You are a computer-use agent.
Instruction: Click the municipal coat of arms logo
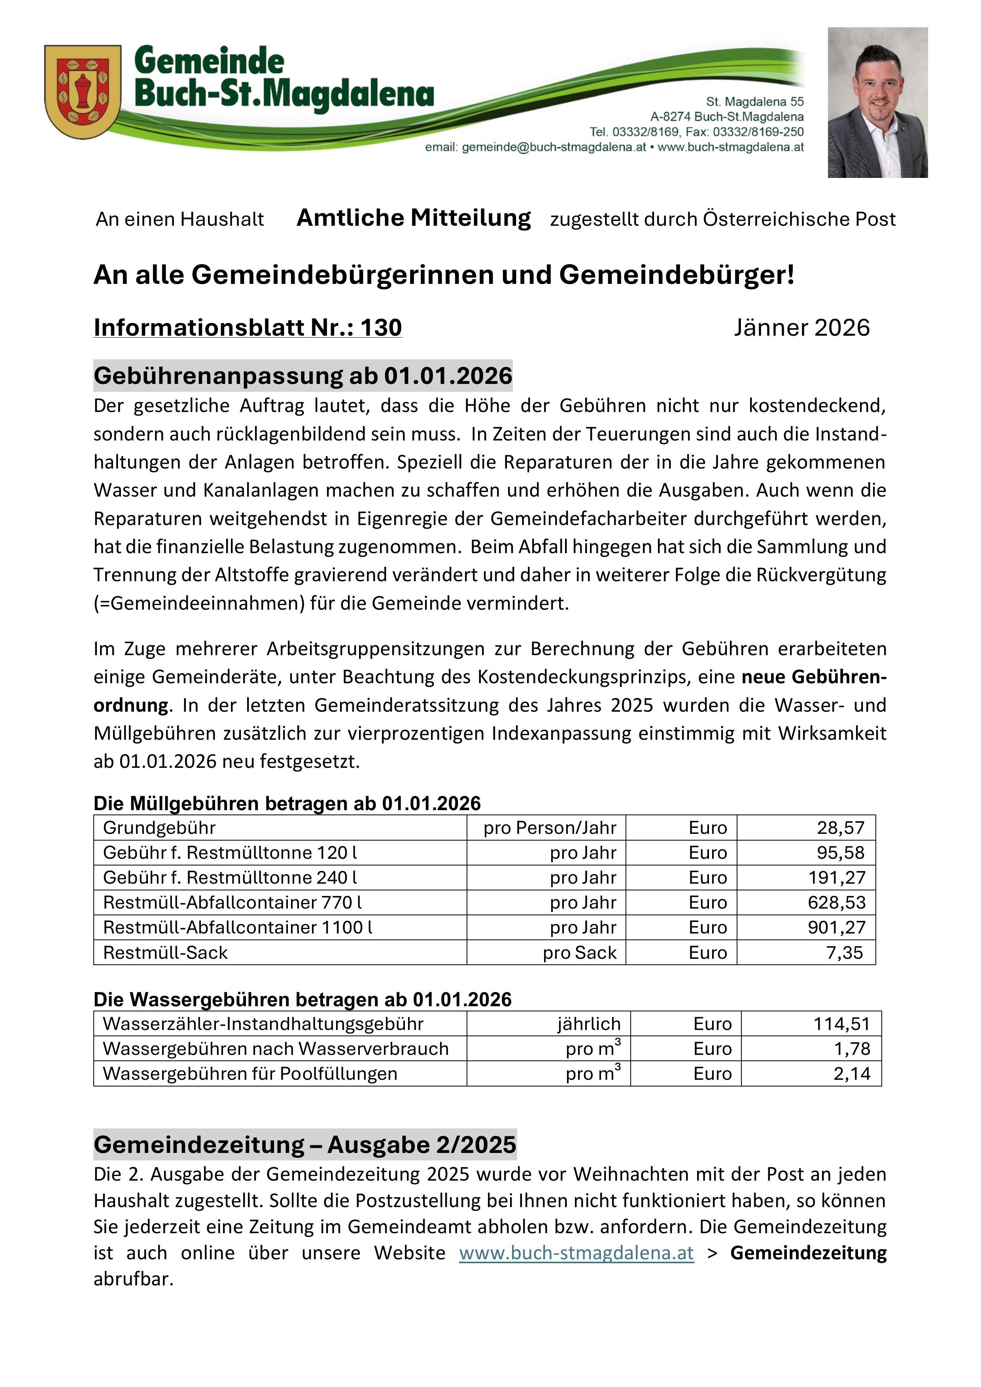tap(83, 92)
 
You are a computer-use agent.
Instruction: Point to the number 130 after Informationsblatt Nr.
tap(381, 327)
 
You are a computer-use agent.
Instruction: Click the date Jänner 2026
tap(801, 327)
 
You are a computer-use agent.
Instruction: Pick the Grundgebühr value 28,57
tap(841, 828)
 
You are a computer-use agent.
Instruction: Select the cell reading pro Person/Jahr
tap(550, 828)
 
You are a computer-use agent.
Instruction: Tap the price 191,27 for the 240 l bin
tap(837, 877)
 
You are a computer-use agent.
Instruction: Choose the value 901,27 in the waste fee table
tap(837, 927)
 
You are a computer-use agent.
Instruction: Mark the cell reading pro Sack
tap(579, 952)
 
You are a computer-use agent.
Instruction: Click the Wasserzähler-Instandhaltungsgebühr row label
tap(263, 1024)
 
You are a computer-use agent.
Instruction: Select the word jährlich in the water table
tap(589, 1024)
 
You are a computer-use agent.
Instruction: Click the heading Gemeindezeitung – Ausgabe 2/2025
tap(305, 1145)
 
